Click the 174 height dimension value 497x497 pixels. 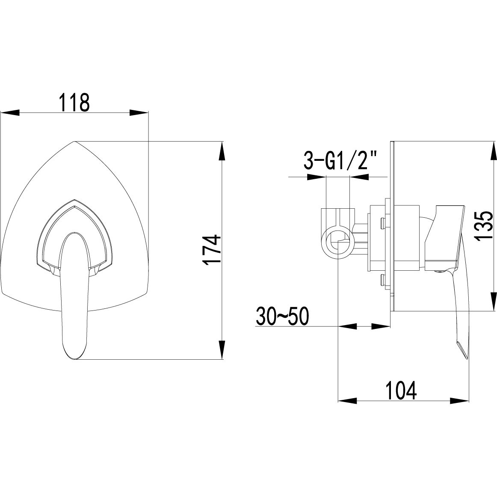coord(212,250)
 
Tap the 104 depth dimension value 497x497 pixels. coord(401,390)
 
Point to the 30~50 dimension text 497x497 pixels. coord(282,317)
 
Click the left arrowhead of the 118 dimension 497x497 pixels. coord(10,113)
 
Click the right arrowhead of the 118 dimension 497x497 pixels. coord(139,113)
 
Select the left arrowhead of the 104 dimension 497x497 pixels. coord(347,401)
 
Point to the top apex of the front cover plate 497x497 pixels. coord(74,141)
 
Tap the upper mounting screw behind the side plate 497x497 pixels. coord(382,222)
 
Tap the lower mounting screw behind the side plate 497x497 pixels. coord(382,281)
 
